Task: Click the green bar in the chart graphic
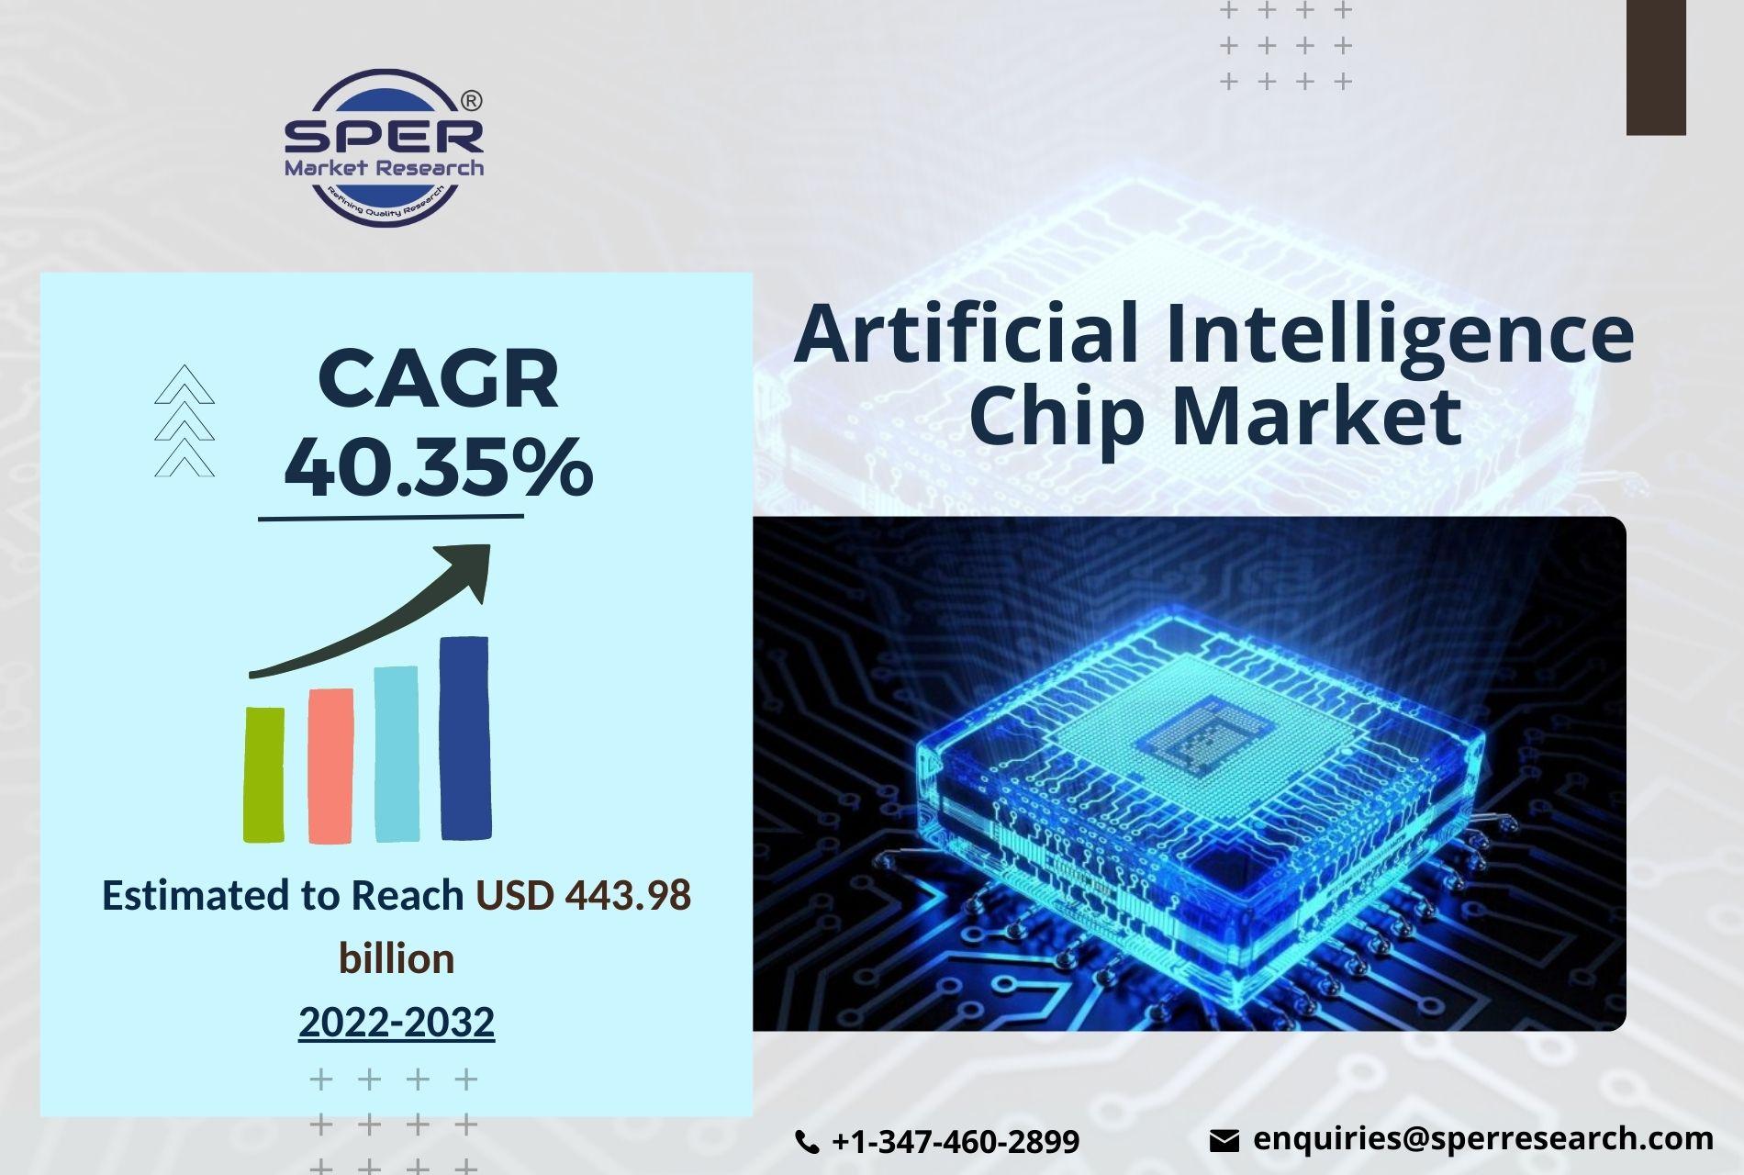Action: [x=263, y=774]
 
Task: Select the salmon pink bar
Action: [x=330, y=766]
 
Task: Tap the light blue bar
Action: [x=397, y=754]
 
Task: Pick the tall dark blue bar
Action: [x=465, y=738]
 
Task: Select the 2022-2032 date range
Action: [x=397, y=1022]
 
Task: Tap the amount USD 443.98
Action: [x=583, y=895]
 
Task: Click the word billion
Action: [x=397, y=958]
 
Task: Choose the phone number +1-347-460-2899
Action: [x=956, y=1141]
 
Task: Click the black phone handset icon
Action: [x=807, y=1142]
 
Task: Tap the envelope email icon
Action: [x=1224, y=1141]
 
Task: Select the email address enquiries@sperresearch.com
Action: [x=1483, y=1139]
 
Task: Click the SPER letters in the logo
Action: [x=384, y=136]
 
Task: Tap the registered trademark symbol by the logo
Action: [x=470, y=100]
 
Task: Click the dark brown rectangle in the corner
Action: [x=1656, y=67]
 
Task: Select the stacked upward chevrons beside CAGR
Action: [x=184, y=420]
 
